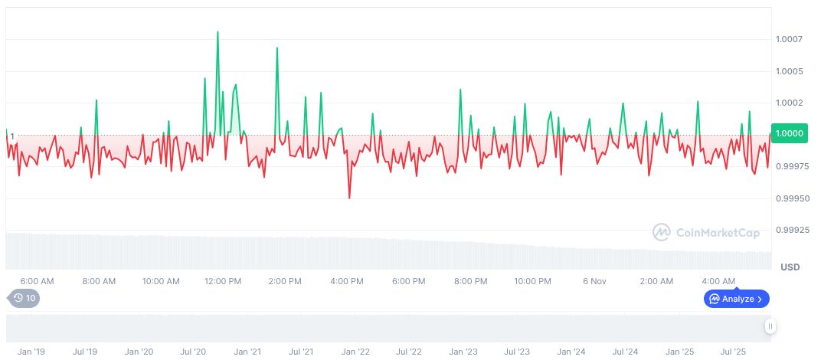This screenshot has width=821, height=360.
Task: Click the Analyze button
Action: (736, 299)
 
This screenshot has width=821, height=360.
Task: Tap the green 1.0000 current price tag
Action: (789, 134)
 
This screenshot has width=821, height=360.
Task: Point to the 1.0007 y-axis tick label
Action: (789, 39)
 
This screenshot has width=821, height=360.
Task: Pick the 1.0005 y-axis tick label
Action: (789, 71)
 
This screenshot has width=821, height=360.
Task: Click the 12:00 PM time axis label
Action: (223, 281)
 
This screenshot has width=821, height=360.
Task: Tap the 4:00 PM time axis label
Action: (347, 281)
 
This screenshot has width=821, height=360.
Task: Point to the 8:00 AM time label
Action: (99, 281)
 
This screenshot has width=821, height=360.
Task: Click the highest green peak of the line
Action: (218, 32)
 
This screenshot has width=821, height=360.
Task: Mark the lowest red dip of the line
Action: (349, 198)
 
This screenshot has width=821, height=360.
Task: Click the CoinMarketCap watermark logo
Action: (704, 232)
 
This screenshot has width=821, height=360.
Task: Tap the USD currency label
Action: (790, 267)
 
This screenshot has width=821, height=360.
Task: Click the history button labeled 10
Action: (23, 298)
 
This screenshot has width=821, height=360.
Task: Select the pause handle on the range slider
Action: (770, 326)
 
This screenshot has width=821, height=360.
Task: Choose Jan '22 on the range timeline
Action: (355, 352)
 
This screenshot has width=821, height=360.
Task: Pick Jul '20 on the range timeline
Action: (193, 352)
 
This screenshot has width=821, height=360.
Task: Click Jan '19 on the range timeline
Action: (31, 352)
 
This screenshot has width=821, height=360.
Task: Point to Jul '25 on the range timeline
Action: (734, 352)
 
